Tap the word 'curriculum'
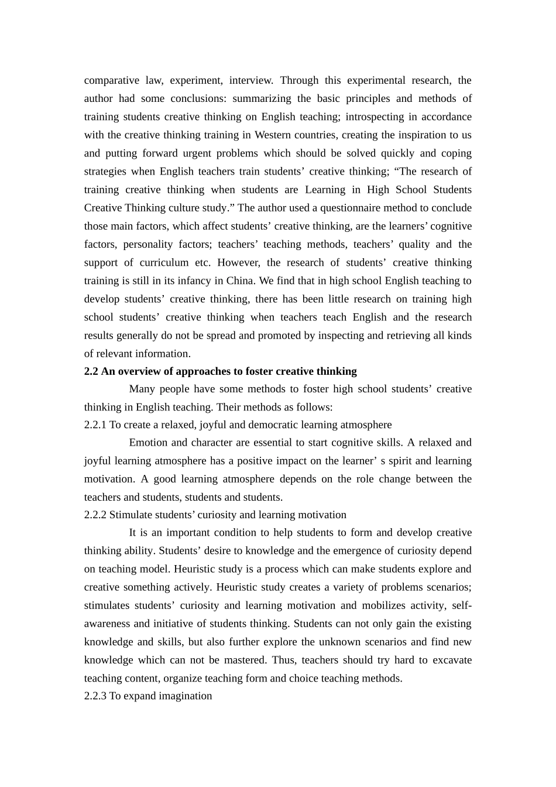[164, 262]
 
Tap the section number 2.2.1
[95, 425]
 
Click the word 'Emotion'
[148, 443]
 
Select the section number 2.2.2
[95, 515]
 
